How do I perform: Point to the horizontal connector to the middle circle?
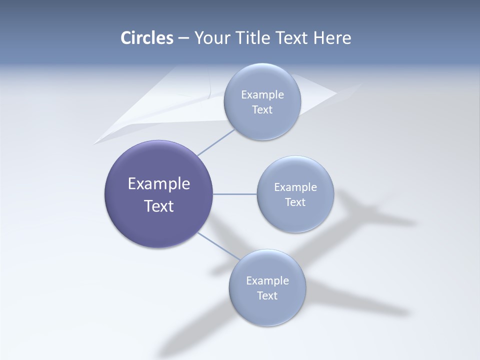(234, 194)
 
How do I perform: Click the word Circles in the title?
(147, 38)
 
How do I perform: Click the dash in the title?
(183, 38)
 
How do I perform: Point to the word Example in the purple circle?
(159, 184)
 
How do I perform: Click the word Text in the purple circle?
(159, 206)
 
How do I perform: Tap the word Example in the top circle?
(262, 95)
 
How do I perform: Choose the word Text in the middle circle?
(295, 202)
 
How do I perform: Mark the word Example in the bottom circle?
(267, 281)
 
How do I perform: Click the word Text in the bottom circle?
(267, 296)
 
